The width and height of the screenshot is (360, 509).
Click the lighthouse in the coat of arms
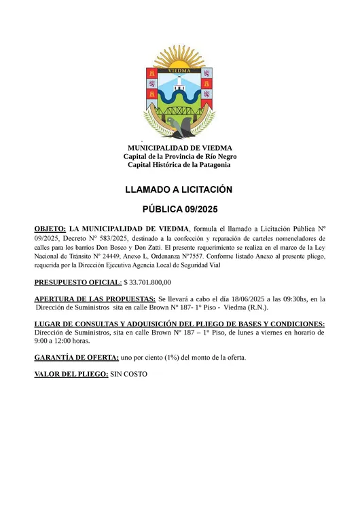pos(179,83)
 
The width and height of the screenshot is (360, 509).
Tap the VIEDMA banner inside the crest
pos(179,69)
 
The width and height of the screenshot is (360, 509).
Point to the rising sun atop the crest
pos(179,56)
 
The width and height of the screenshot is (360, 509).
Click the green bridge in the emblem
pos(179,109)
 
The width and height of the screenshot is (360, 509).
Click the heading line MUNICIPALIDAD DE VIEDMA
pos(180,148)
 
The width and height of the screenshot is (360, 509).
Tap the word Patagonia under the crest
pos(212,164)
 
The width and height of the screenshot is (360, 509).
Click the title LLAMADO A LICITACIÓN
pos(179,189)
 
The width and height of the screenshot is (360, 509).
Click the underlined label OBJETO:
pos(50,229)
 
